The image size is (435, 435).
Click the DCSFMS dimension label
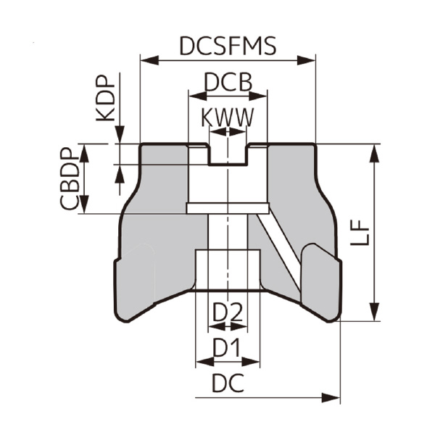[x=228, y=46]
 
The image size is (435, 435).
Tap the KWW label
[x=228, y=115]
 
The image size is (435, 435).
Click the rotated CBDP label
[x=70, y=178]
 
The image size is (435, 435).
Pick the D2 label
[x=227, y=313]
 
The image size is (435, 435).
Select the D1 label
[x=227, y=349]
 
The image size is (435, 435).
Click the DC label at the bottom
[x=227, y=384]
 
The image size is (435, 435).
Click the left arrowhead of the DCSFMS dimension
[x=145, y=60]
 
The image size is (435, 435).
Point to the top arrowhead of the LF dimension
[x=374, y=149]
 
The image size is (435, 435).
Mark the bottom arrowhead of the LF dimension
[x=374, y=314]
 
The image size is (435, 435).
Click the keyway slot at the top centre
[x=228, y=154]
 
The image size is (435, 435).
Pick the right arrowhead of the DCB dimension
[x=263, y=94]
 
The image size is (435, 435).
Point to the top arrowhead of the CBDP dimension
[x=86, y=149]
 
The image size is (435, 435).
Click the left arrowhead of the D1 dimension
[x=200, y=361]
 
